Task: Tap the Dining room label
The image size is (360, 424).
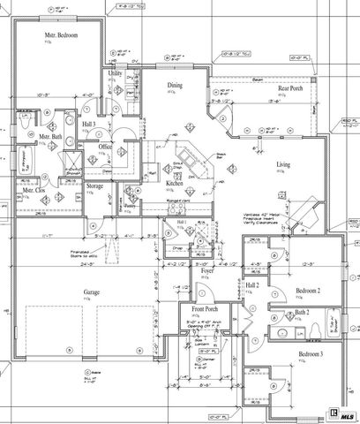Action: pyautogui.click(x=176, y=86)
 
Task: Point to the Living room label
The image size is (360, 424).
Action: pyautogui.click(x=283, y=165)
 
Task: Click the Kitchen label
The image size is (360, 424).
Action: pyautogui.click(x=174, y=183)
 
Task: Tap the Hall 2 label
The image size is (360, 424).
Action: pyautogui.click(x=253, y=284)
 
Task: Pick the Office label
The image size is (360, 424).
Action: pyautogui.click(x=105, y=147)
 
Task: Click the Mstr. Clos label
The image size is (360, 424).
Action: pyautogui.click(x=34, y=190)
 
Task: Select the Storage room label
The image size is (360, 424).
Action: pyautogui.click(x=95, y=185)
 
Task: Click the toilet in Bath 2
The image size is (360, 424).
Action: pyautogui.click(x=316, y=332)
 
